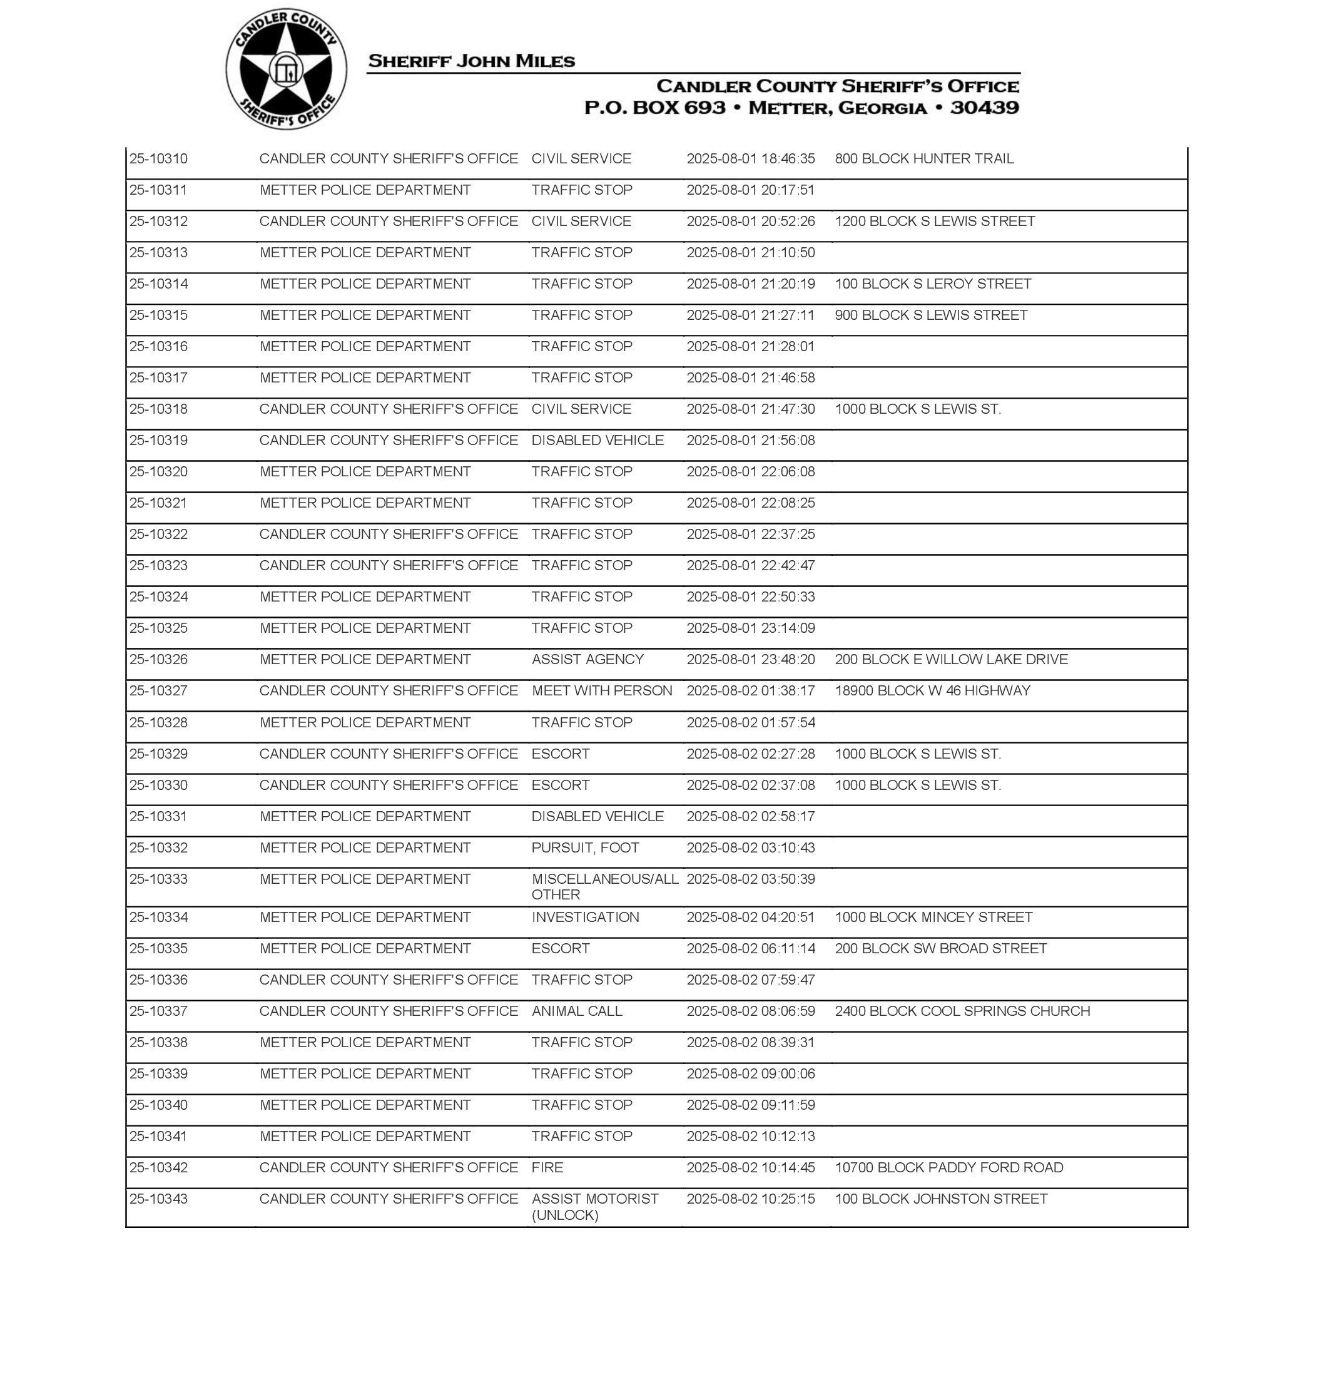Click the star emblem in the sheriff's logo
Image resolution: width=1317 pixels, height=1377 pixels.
click(x=286, y=69)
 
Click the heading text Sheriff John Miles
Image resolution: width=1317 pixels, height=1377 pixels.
click(x=471, y=61)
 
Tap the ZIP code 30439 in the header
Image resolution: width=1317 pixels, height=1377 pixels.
click(x=984, y=108)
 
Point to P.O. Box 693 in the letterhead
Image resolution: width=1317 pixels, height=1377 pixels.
click(x=654, y=108)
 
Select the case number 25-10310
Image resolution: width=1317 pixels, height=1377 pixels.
click(x=159, y=159)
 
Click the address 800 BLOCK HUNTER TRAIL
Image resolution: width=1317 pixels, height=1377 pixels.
click(x=924, y=159)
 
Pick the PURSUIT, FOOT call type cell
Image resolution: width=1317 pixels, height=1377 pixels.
click(x=585, y=847)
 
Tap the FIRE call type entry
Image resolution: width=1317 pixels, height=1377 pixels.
click(x=547, y=1167)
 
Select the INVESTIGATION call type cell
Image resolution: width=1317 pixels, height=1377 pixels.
click(x=585, y=917)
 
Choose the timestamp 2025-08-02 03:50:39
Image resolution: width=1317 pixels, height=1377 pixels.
click(x=750, y=879)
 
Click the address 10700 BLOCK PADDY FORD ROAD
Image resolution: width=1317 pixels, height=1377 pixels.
click(x=948, y=1167)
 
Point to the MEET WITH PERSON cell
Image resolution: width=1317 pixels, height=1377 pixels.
click(x=602, y=690)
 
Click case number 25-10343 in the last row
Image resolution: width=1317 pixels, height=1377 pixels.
click(x=159, y=1199)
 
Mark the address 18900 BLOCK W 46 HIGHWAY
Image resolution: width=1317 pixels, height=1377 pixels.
click(x=932, y=690)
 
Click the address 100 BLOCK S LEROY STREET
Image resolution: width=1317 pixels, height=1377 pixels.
click(x=932, y=284)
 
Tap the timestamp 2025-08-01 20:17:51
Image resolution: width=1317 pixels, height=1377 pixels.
click(x=750, y=190)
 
